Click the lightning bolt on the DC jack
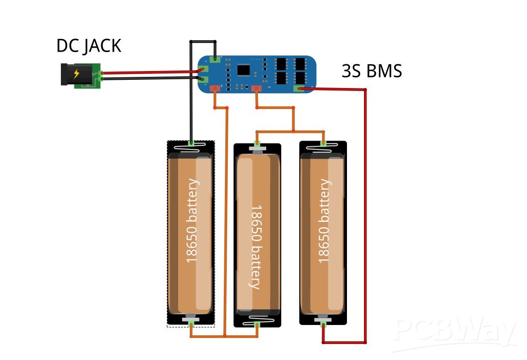tap(76, 74)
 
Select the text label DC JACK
tap(89, 46)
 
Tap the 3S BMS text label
tap(372, 71)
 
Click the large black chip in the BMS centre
tap(244, 70)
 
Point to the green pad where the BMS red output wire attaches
tap(302, 89)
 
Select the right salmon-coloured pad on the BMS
tap(256, 88)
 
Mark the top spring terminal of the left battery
tap(191, 144)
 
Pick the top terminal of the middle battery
tap(257, 145)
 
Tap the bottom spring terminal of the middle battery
tap(257, 324)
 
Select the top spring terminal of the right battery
tap(323, 143)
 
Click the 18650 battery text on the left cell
tap(193, 221)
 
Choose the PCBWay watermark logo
tap(455, 333)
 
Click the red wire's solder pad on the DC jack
tap(101, 73)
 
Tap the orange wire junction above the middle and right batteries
tap(293, 131)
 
